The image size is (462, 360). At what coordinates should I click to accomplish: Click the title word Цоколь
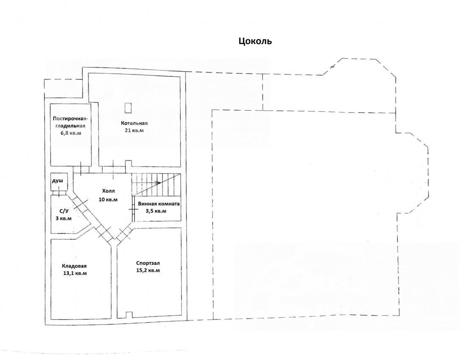[255, 41]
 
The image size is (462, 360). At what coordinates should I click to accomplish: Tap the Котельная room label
[134, 123]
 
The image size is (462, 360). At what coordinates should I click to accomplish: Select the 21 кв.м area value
[134, 130]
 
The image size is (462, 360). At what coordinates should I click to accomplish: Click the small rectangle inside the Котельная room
[128, 108]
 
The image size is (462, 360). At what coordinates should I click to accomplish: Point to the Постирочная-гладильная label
[70, 122]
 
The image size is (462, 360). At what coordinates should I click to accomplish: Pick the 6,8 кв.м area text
[71, 133]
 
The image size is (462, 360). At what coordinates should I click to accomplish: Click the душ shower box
[59, 181]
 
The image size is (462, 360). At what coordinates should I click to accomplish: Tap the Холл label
[108, 191]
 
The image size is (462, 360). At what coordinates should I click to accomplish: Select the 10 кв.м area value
[108, 199]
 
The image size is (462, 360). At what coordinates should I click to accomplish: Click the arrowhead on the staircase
[158, 183]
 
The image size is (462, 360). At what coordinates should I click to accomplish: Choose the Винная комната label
[159, 204]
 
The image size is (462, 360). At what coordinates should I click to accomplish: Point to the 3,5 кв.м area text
[156, 211]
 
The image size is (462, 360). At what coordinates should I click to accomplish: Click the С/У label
[64, 210]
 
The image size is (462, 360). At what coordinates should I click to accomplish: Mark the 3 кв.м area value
[64, 218]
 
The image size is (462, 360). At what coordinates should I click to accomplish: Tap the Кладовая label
[75, 266]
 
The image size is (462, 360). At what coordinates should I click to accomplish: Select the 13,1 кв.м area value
[75, 273]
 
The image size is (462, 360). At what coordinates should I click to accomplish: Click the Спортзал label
[148, 263]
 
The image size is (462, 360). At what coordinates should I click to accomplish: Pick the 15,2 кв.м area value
[148, 270]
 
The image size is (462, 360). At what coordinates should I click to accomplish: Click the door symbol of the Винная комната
[133, 210]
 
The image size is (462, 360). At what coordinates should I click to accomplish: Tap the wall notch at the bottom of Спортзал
[128, 315]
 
